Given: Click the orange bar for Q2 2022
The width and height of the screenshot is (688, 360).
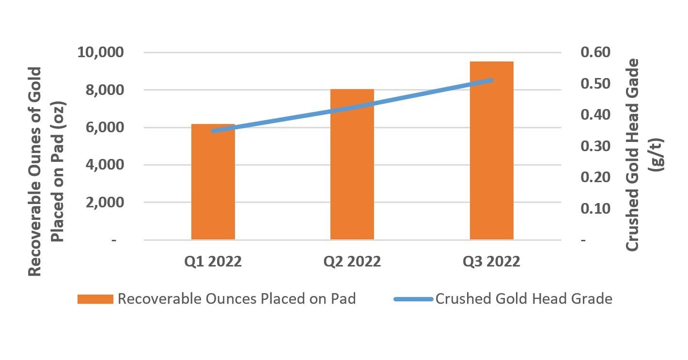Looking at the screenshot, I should pyautogui.click(x=352, y=164).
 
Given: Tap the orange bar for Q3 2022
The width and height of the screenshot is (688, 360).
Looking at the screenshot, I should pyautogui.click(x=491, y=150).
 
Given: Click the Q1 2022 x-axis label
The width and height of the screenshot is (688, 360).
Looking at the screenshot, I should pyautogui.click(x=213, y=262).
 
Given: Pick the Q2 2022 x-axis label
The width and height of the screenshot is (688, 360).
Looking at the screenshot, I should pyautogui.click(x=352, y=262).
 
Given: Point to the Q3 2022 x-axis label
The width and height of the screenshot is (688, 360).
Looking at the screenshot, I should pyautogui.click(x=491, y=262).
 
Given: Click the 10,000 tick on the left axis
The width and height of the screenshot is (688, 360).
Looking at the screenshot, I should pyautogui.click(x=101, y=52).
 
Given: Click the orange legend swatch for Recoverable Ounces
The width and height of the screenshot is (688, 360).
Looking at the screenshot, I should pyautogui.click(x=95, y=299).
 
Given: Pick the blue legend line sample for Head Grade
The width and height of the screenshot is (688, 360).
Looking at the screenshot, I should pyautogui.click(x=412, y=299).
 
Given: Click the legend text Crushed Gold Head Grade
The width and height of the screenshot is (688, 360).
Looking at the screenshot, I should pyautogui.click(x=524, y=299).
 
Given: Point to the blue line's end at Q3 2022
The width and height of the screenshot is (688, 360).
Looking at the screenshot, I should pyautogui.click(x=491, y=80).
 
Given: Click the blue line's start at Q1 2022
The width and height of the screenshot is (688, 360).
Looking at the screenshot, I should pyautogui.click(x=213, y=131).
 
